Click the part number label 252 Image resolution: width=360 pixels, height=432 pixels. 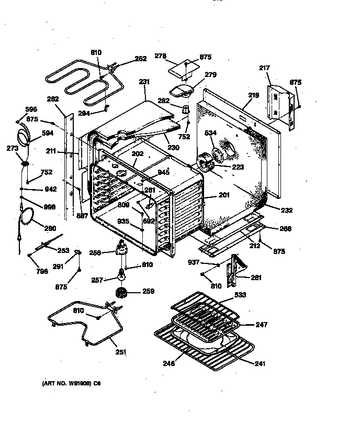coord(141,59)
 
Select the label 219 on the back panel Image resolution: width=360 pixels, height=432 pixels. coord(253,95)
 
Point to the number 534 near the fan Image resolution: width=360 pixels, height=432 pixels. coord(210,134)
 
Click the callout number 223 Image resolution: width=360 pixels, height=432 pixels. coord(238,168)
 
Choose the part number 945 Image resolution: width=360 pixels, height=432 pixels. coord(164,173)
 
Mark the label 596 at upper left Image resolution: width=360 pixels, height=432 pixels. coord(31,109)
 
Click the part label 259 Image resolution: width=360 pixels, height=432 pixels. coord(148,292)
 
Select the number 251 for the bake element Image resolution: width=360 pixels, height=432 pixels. coord(120,352)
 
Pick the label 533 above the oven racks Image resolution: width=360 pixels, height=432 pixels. coord(241,295)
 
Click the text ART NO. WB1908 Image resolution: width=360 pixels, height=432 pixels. coord(71,384)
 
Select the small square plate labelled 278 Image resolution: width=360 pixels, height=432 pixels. coord(183,68)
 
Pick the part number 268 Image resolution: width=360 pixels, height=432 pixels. coord(285,228)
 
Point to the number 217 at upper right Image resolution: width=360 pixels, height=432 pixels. coord(265,68)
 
